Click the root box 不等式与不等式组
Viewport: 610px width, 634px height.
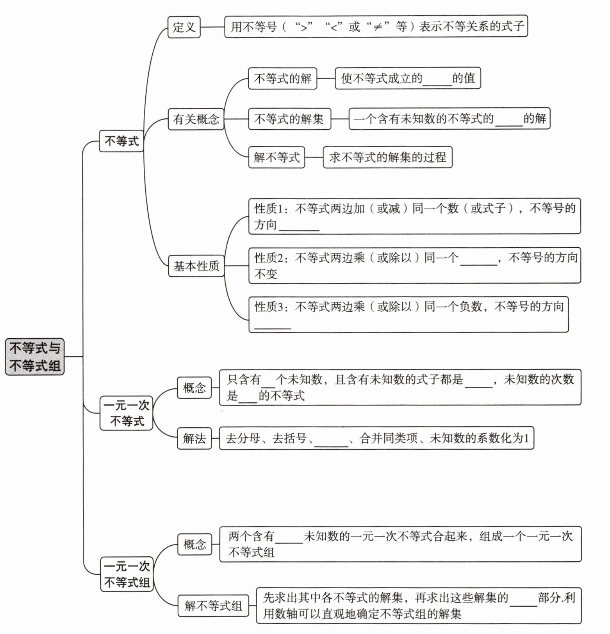(35, 357)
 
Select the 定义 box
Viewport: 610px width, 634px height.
(184, 27)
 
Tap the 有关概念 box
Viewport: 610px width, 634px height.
(196, 119)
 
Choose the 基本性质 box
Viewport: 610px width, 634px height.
(196, 266)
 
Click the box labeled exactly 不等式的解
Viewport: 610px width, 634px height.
(282, 79)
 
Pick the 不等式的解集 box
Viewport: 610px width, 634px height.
(289, 119)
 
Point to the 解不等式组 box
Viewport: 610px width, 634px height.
(213, 606)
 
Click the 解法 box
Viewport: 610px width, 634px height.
(194, 438)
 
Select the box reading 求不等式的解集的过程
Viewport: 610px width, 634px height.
(387, 157)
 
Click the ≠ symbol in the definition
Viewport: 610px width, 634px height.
(377, 27)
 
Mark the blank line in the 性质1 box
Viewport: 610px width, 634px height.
(299, 229)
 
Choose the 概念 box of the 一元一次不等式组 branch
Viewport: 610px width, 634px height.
(194, 544)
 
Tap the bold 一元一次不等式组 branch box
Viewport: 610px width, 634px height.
(127, 574)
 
